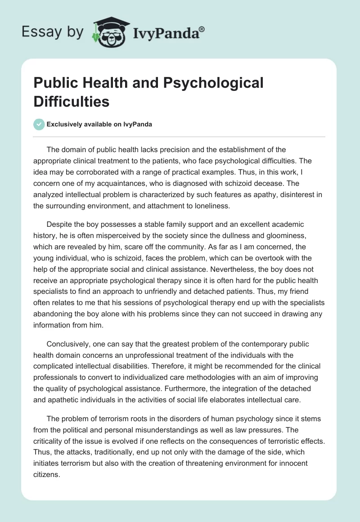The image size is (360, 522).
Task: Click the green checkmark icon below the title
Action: point(39,124)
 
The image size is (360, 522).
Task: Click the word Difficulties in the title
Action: point(72,101)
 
